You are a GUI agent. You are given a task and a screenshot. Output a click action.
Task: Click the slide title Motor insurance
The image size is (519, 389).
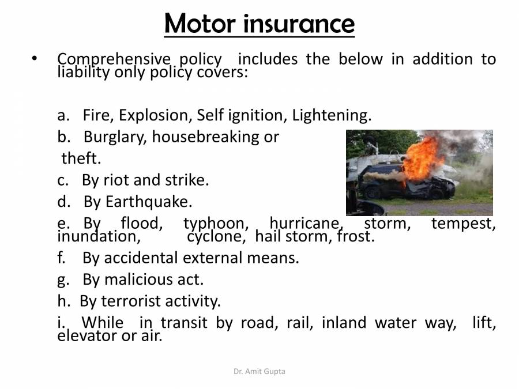click(x=259, y=24)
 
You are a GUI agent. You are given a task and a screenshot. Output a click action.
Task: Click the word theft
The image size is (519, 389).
click(x=81, y=158)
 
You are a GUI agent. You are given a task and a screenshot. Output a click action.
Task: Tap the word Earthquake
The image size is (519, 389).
click(x=149, y=202)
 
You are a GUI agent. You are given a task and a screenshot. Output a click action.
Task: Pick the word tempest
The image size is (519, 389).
click(x=463, y=224)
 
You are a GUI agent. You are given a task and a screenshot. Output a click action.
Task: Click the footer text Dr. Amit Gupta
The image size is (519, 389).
click(x=259, y=372)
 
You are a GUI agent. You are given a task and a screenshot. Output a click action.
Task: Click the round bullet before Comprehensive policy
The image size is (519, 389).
click(x=35, y=59)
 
